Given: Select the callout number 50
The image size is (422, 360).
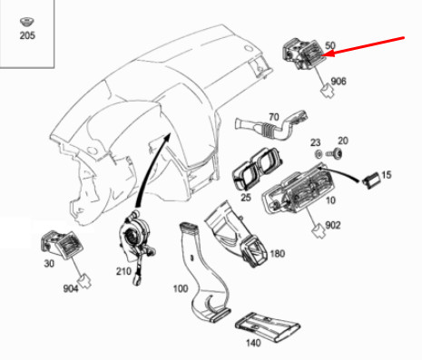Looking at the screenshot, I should click(x=330, y=44).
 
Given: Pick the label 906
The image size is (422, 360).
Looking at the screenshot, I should click(x=338, y=82).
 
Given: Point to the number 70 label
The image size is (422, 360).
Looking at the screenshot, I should click(x=272, y=117).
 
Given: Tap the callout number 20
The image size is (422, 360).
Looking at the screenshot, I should click(x=342, y=141).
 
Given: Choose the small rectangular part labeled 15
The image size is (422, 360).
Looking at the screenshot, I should click(x=371, y=180).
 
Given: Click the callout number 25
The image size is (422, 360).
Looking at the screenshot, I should click(x=245, y=197).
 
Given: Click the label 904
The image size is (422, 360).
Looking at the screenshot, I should click(x=72, y=290).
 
